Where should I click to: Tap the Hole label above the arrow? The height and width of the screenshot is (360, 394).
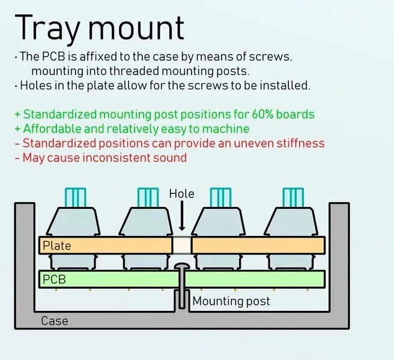[181, 194]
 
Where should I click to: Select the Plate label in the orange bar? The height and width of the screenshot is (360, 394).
[56, 245]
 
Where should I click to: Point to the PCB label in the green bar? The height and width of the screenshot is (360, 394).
[54, 280]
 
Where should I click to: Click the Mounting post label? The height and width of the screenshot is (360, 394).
[231, 301]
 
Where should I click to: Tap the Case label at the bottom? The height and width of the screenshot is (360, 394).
[54, 321]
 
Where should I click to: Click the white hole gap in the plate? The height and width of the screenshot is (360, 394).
[181, 245]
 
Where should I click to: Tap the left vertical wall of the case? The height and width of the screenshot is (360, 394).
[24, 264]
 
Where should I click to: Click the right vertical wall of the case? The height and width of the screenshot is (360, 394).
[339, 264]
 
